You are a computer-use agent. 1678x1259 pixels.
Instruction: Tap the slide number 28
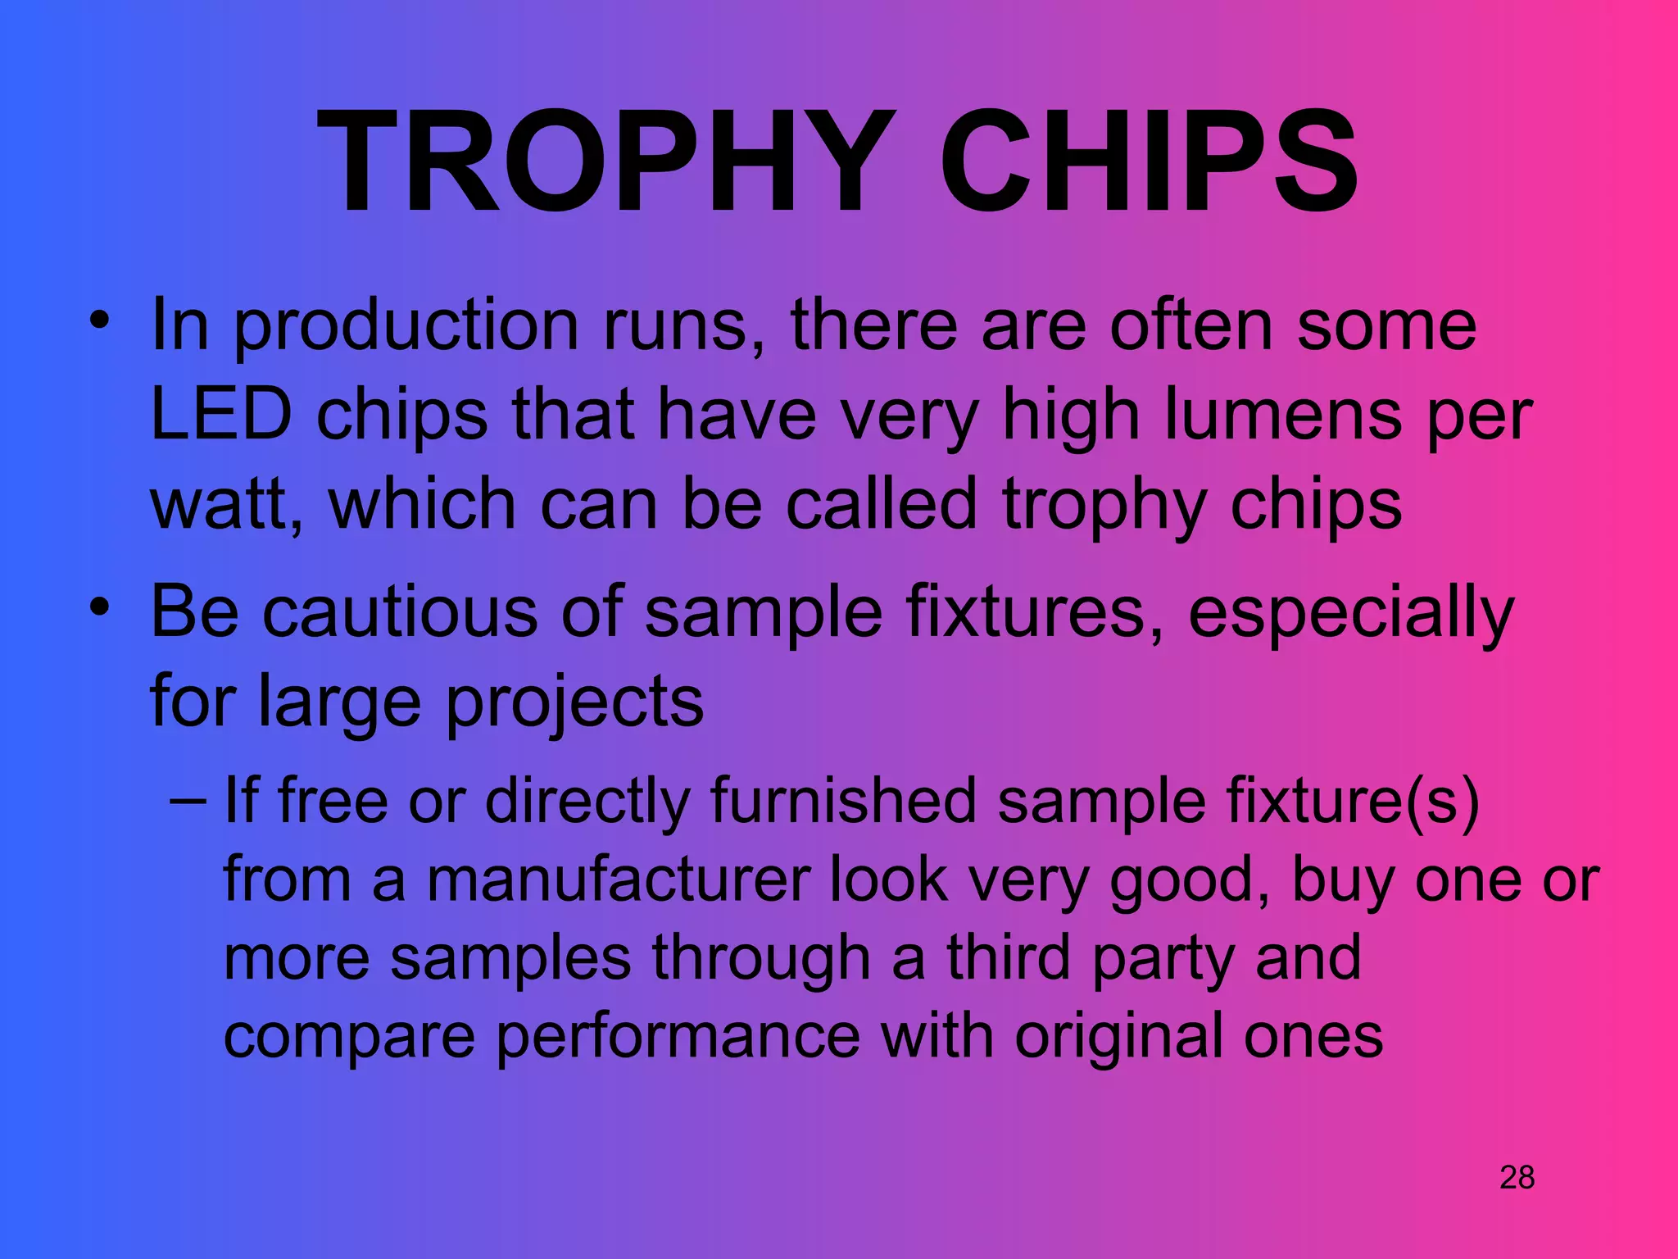coord(1517,1178)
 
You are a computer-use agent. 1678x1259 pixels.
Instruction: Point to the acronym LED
coord(221,414)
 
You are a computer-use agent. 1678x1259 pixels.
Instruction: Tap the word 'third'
coord(1009,957)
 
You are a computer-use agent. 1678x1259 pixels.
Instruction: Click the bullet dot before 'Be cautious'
coord(100,607)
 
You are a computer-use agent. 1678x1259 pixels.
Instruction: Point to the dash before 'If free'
coord(188,799)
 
